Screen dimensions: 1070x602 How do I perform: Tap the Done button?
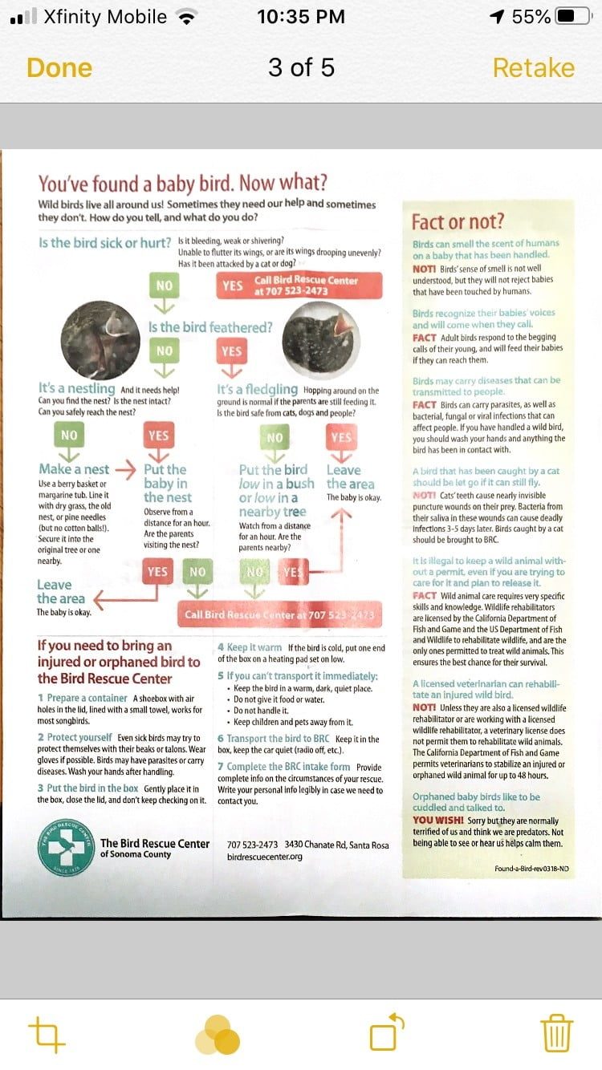[x=59, y=68]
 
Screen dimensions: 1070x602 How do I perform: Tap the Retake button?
[x=533, y=68]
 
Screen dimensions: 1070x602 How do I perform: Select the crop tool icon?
[x=47, y=1034]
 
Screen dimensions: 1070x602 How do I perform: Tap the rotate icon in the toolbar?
[x=386, y=1033]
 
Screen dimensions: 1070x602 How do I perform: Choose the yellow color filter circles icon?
[x=218, y=1035]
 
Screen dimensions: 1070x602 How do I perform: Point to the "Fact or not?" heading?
[x=458, y=221]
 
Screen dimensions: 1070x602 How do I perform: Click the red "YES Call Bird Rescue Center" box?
[x=298, y=286]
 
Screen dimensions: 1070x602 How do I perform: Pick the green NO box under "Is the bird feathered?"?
[x=165, y=351]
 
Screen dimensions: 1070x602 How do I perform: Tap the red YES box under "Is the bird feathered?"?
[x=231, y=351]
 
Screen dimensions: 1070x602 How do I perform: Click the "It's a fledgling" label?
[x=257, y=390]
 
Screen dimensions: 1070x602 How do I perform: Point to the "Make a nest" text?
[x=74, y=469]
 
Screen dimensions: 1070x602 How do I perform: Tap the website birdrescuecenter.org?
[x=264, y=856]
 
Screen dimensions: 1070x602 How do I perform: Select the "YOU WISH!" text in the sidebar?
[x=437, y=820]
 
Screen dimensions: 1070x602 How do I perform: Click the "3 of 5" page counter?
[x=301, y=68]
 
